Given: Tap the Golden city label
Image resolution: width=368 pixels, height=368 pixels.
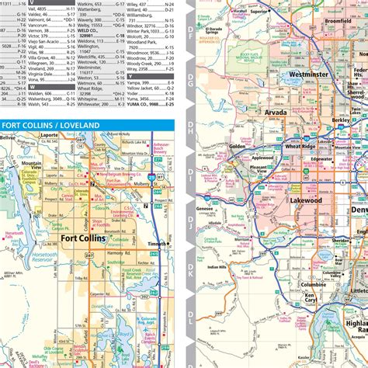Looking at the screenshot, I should (237, 146).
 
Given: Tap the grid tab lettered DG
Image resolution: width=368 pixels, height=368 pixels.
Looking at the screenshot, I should (190, 77).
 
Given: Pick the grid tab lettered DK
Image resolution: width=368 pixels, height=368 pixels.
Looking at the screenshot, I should (190, 272).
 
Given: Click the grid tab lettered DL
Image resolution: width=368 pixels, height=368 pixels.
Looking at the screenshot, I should (190, 318).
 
